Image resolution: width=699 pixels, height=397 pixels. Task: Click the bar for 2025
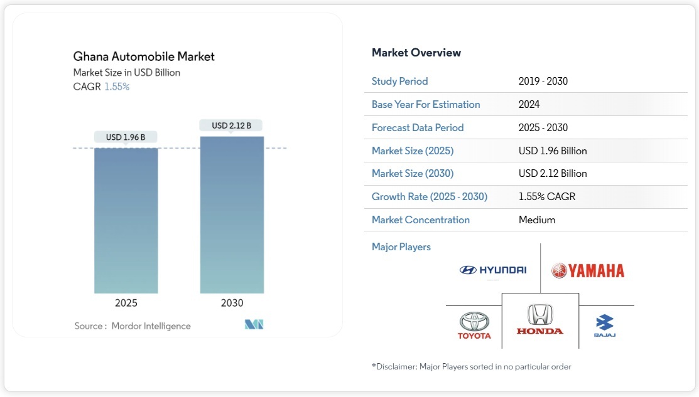pos(126,220)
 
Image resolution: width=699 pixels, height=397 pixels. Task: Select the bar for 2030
pos(232,214)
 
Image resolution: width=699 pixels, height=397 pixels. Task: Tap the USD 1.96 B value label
pos(126,137)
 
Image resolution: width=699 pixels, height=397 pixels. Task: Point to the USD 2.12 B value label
pos(232,125)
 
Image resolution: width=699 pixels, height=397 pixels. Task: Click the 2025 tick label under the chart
pos(126,303)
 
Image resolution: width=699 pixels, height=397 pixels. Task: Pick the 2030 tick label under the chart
pos(232,303)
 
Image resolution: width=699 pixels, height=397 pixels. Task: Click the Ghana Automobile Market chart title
pos(144,56)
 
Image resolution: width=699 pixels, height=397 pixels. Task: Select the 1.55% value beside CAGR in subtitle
pos(117,87)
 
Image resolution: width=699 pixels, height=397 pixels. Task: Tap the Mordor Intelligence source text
pos(151,326)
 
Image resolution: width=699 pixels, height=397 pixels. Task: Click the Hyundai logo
pos(493,270)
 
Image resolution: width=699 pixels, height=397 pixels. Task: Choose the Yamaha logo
pos(588,270)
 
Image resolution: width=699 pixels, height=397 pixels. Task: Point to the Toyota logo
pos(474,326)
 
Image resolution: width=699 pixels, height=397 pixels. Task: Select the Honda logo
pos(540,319)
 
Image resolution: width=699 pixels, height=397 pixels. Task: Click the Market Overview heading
pos(416,53)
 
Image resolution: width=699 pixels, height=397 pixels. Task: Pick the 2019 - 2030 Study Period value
pos(543,81)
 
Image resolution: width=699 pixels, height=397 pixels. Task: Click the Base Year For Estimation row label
pos(426,104)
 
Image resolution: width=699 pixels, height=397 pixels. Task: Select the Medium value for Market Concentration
pos(537,220)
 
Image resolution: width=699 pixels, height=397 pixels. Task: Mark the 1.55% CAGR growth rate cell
pos(547,196)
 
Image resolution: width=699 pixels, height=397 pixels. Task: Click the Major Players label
pos(401,246)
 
